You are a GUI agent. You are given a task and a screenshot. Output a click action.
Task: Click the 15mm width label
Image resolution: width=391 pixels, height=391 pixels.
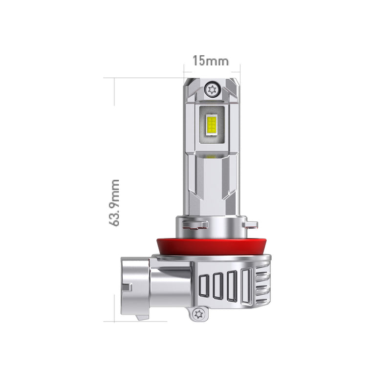[x=210, y=61]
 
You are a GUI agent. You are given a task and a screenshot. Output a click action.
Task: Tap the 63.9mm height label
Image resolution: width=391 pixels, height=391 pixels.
[x=115, y=202]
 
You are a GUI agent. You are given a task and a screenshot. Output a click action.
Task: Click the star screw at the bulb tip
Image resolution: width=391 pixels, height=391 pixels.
[x=212, y=89]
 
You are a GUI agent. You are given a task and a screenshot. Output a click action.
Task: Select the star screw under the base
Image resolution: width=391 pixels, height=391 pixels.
[x=198, y=313]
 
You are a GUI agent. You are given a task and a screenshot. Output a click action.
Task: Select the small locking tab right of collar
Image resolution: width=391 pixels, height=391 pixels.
[x=251, y=224]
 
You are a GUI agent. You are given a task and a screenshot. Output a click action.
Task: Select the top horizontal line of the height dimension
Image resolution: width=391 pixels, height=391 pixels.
[x=147, y=78]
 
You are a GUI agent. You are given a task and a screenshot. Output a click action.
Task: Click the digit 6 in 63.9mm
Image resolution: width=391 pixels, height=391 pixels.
[x=115, y=221]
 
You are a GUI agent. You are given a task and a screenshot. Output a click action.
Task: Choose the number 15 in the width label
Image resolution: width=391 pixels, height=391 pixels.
[x=198, y=61]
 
